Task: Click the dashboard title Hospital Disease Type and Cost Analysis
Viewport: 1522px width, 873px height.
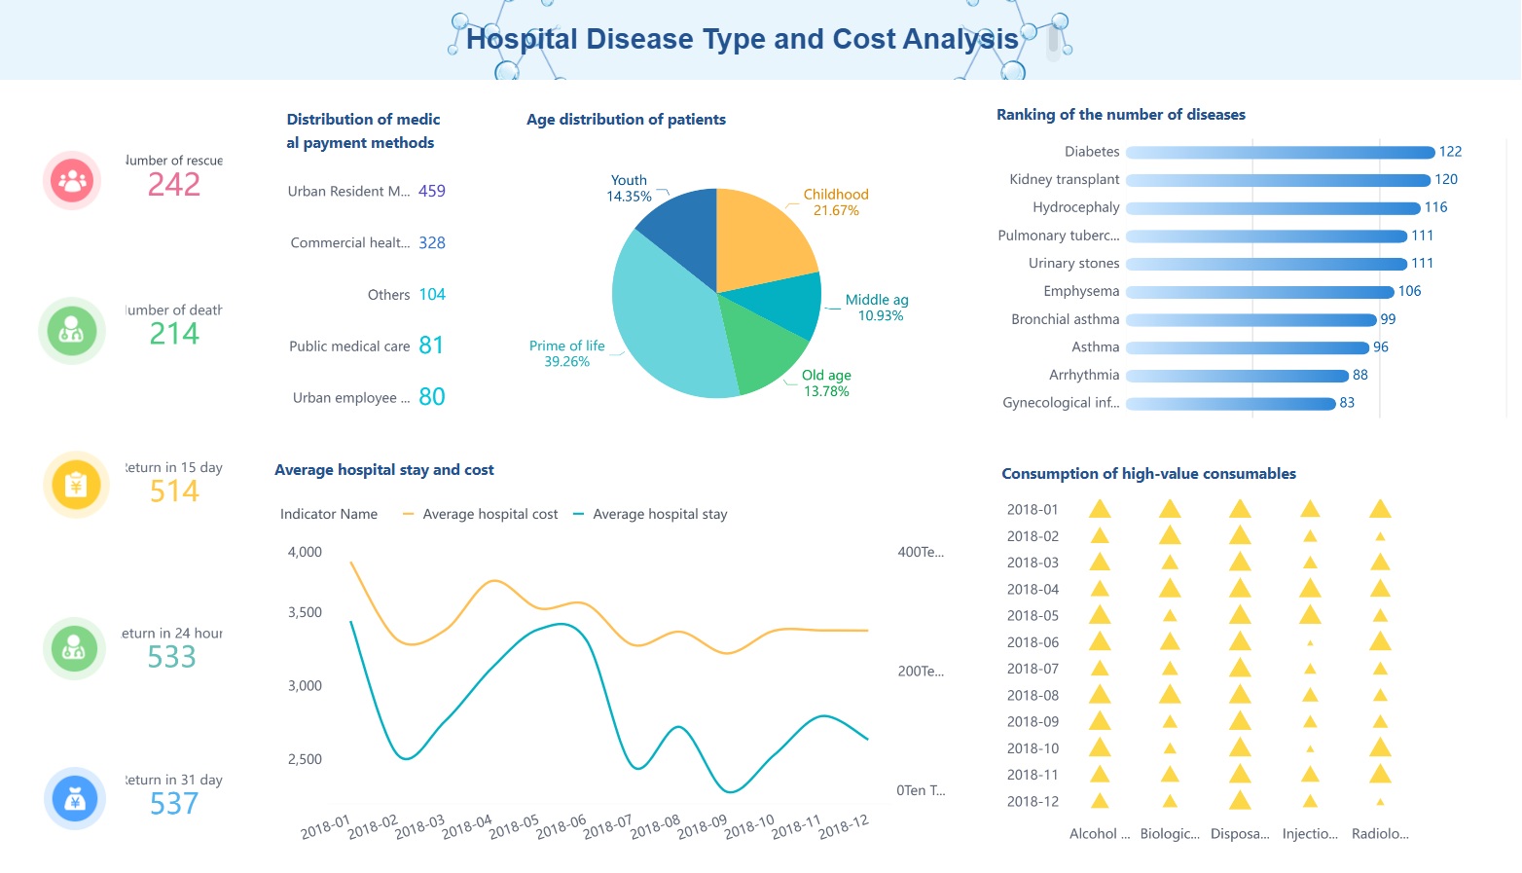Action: click(x=742, y=39)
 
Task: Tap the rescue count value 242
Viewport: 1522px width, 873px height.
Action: click(x=174, y=184)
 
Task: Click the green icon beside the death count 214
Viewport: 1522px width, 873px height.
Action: click(x=72, y=331)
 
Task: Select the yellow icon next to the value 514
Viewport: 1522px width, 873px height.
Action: click(x=76, y=484)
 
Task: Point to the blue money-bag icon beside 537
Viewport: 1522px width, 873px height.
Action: click(x=75, y=799)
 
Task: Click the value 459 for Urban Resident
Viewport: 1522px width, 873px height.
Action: click(x=431, y=191)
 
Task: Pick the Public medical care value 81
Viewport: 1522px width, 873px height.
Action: click(x=431, y=346)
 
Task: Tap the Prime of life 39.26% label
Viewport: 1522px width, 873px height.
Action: click(x=566, y=353)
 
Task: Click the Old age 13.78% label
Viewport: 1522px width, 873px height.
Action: click(x=826, y=383)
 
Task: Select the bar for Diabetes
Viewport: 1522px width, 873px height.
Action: click(x=1280, y=152)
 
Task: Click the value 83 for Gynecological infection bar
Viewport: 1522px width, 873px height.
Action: click(x=1347, y=403)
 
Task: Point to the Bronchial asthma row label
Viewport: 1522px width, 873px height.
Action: click(x=1065, y=319)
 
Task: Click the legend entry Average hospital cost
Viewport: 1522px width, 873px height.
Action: click(x=489, y=514)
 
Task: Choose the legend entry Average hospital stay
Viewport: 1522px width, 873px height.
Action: click(x=659, y=514)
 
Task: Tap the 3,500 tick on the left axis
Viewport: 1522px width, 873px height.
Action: click(x=305, y=612)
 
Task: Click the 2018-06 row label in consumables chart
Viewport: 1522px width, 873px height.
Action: click(x=1033, y=642)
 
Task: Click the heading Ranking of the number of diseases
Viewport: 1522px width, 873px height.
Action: click(x=1120, y=115)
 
